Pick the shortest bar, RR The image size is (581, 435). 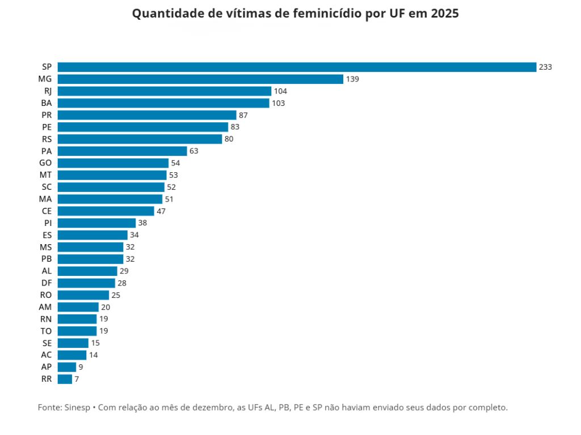coord(65,379)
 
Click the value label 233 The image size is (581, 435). coord(545,67)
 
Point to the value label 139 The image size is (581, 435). coord(352,79)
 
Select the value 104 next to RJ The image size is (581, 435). coord(280,91)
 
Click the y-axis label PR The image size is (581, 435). coord(47,115)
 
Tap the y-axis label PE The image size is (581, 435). coord(47,127)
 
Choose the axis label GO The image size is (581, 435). coord(46,163)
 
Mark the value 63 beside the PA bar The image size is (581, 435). coord(194,151)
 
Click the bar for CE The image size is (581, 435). coord(106,211)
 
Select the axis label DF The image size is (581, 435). coord(47,283)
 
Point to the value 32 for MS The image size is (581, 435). coord(130,247)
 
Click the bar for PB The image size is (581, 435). coord(90,259)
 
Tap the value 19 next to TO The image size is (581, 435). coord(104,331)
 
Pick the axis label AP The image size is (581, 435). coord(47,367)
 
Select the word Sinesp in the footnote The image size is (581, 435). coord(77,407)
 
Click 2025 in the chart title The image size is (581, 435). coord(444,14)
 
